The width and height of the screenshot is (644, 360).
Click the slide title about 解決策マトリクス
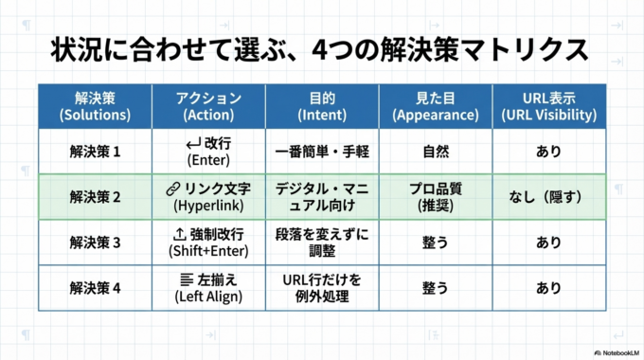[x=321, y=49]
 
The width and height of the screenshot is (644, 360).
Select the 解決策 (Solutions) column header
[x=95, y=106]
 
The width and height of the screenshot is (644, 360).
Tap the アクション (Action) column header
[x=208, y=106]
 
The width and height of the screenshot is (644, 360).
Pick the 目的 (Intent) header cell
[x=322, y=106]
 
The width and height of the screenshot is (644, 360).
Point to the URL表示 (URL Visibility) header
[x=548, y=106]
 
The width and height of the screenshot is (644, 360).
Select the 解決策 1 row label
[x=95, y=151]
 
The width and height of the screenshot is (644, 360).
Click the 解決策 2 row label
[x=95, y=197]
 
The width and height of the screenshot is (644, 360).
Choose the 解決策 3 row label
[x=95, y=243]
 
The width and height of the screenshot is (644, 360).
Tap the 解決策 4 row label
[x=95, y=288]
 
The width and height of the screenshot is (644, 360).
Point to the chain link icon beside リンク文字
[x=171, y=189]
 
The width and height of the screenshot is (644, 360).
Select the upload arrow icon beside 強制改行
[x=180, y=234]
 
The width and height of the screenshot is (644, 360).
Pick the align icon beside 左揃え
[x=188, y=279]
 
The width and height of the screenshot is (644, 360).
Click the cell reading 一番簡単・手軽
[x=322, y=151]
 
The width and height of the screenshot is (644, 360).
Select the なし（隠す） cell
[x=548, y=197]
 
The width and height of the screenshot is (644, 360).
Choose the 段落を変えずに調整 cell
[x=322, y=243]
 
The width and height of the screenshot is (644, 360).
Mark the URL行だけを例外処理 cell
[x=322, y=288]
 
